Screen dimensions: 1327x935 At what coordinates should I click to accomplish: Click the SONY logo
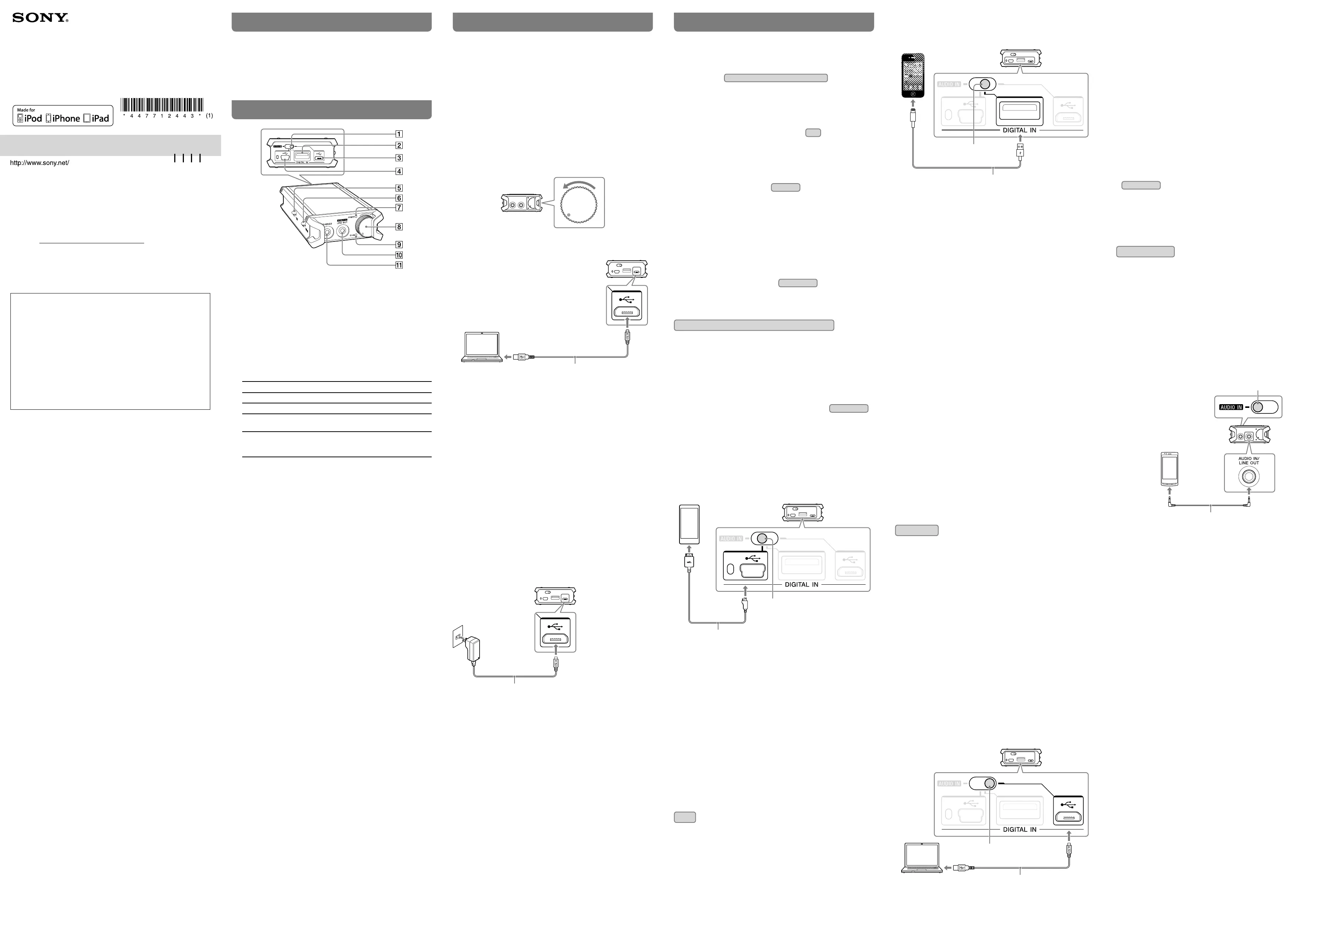[x=40, y=18]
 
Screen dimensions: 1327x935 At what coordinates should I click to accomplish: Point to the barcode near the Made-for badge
[x=162, y=105]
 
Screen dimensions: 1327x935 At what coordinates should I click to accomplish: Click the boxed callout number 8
[x=399, y=227]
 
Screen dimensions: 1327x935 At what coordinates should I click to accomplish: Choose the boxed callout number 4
[x=399, y=171]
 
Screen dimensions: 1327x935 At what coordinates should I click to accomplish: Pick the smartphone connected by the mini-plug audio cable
[x=1169, y=470]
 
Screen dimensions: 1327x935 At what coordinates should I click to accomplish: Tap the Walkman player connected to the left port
[x=689, y=524]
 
